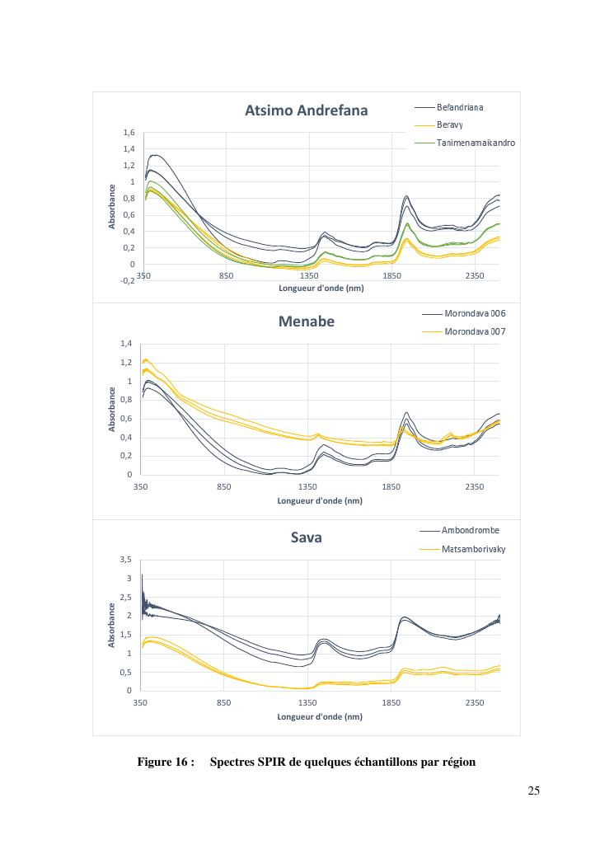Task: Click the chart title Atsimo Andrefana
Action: (x=306, y=111)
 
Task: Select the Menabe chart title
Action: (x=306, y=321)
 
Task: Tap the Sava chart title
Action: (x=306, y=537)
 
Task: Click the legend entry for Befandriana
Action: (x=460, y=107)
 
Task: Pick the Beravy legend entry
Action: (x=449, y=125)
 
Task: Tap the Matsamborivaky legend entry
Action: (x=474, y=548)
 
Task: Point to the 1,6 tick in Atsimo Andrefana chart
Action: (x=129, y=133)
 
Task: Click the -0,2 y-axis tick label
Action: (x=127, y=281)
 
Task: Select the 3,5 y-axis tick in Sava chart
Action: (x=125, y=560)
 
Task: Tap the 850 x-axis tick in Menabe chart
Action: (x=223, y=487)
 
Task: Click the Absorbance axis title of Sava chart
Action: (x=112, y=625)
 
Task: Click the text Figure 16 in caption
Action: (x=165, y=762)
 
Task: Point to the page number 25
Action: (x=533, y=791)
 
